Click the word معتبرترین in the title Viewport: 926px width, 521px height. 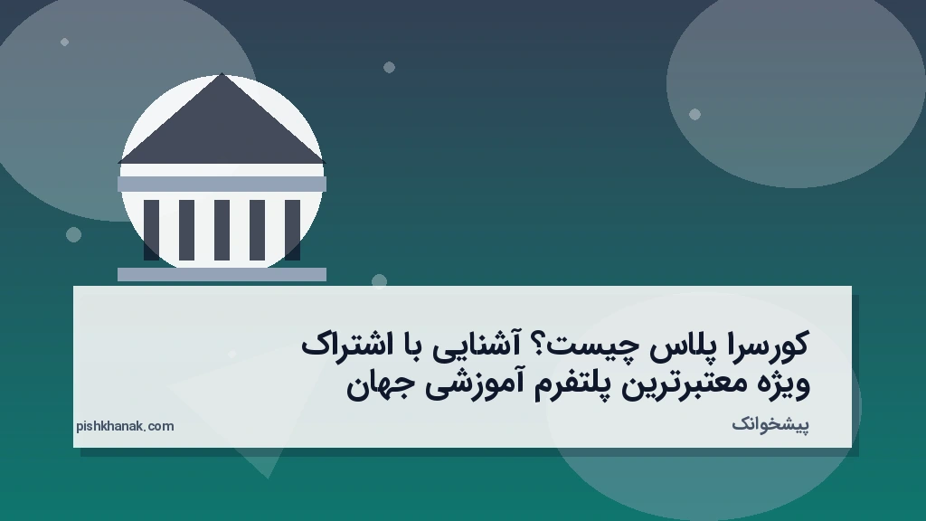686,385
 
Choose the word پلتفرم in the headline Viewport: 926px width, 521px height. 560,385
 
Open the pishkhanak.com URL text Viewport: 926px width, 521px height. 125,426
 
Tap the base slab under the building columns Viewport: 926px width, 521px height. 222,274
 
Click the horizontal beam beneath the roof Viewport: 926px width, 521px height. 222,184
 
